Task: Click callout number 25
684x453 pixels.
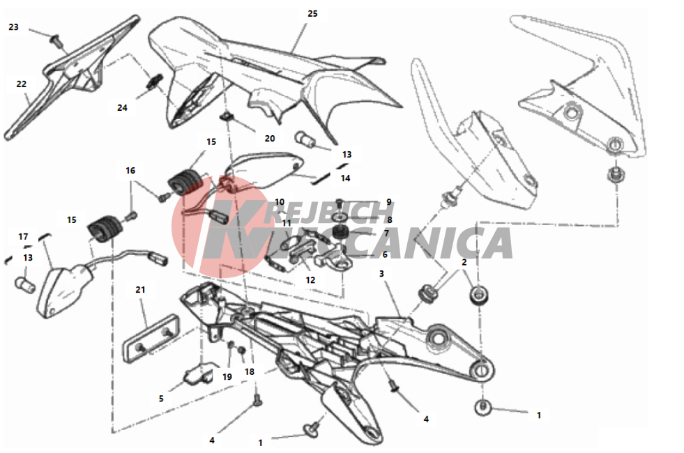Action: [x=312, y=14]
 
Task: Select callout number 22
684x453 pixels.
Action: [x=22, y=84]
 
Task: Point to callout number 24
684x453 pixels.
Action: [x=122, y=108]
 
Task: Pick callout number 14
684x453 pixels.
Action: [x=346, y=178]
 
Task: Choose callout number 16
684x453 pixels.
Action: [x=130, y=171]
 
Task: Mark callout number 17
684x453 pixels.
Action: [x=23, y=237]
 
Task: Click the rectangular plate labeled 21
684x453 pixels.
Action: [x=151, y=338]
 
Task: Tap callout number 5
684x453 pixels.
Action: [x=161, y=399]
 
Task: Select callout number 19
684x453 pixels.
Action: [x=227, y=377]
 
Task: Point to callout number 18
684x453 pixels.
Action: [x=250, y=372]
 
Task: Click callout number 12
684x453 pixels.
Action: [x=310, y=280]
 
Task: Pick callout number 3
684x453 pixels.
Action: [x=381, y=274]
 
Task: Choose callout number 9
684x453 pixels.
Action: [x=389, y=202]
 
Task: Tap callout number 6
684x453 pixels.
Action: [x=385, y=255]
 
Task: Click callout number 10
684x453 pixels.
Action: [x=280, y=202]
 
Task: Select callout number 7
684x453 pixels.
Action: [x=386, y=234]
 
